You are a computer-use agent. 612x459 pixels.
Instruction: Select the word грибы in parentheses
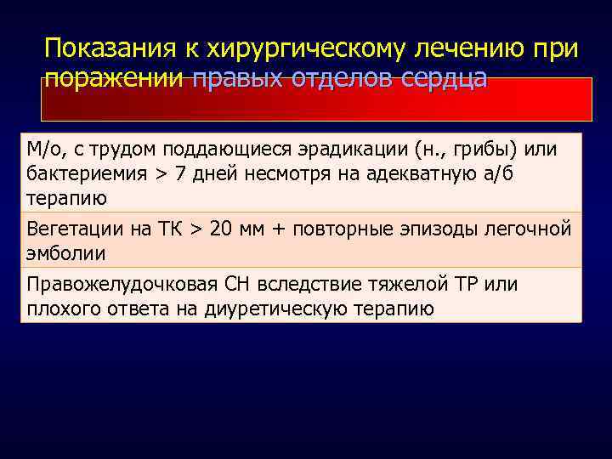(x=489, y=150)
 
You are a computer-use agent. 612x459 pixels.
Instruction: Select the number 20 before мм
(x=221, y=229)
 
